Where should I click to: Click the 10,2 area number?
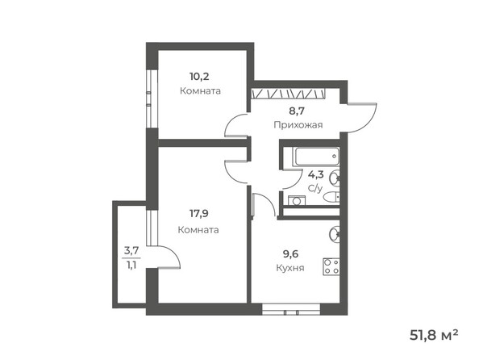point(197,77)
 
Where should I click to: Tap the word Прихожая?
point(298,124)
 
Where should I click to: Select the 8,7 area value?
point(298,111)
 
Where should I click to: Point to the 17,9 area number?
point(199,216)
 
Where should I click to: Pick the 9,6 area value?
point(289,253)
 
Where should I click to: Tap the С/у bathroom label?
point(314,188)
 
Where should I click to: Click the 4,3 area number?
point(315,174)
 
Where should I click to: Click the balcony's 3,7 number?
point(131,251)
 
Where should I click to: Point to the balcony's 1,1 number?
point(131,263)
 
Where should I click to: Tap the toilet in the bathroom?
point(336,181)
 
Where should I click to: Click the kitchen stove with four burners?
point(331,265)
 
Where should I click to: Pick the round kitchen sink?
point(335,235)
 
